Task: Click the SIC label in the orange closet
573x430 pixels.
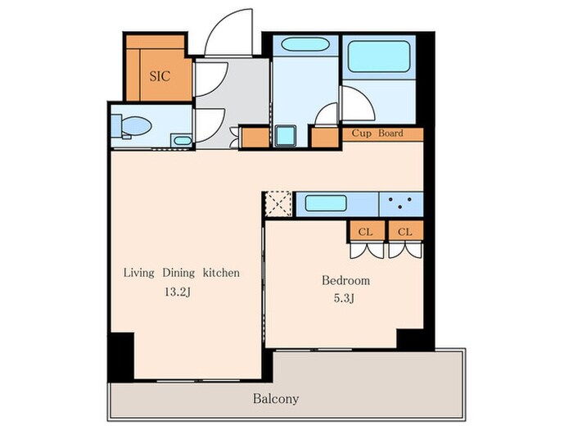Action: pos(160,76)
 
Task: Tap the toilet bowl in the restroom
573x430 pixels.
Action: pos(136,126)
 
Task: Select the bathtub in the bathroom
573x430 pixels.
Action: pos(378,57)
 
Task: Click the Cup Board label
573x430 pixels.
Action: pos(377,133)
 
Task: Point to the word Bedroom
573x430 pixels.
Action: pos(345,280)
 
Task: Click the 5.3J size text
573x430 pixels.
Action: pos(344,298)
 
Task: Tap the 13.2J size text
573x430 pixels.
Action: pos(178,292)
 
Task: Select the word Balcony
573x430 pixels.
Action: pos(276,399)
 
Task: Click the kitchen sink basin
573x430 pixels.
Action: pos(326,203)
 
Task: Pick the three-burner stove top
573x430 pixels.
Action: pos(401,204)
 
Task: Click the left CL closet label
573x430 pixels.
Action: pos(365,232)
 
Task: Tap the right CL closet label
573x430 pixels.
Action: pos(405,232)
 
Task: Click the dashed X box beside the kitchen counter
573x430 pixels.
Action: pos(278,204)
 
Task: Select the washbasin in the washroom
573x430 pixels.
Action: pos(305,44)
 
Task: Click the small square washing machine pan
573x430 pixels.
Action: pos(286,136)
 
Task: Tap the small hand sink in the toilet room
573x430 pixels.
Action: pos(182,141)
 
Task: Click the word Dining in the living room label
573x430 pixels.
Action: pos(178,273)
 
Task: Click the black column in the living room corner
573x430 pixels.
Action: pos(121,356)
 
